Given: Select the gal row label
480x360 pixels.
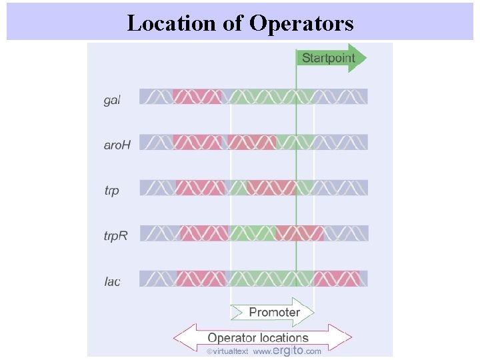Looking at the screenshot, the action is (112, 101).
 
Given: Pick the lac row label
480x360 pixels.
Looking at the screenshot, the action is (112, 281).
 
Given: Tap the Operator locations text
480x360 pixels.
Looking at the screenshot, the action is (258, 337).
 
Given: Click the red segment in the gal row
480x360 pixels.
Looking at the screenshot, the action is (197, 97).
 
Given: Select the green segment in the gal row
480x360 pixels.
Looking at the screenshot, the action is (270, 97).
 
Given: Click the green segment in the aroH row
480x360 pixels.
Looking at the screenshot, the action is (294, 142).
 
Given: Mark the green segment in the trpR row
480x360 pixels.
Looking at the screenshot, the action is (252, 233).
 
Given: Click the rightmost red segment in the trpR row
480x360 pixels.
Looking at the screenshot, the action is (299, 233).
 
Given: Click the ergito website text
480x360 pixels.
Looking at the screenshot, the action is (287, 351).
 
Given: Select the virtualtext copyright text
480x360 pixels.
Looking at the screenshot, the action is (227, 351).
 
